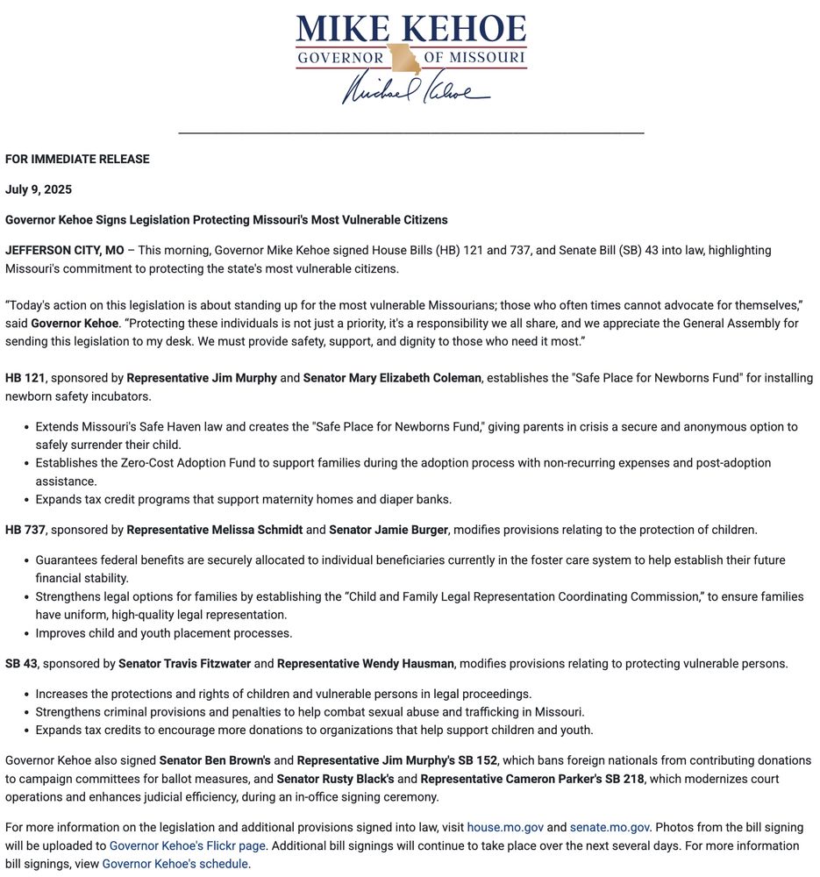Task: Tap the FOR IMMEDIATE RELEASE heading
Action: coord(77,159)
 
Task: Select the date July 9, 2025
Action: coord(39,189)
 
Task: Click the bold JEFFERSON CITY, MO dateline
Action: coord(65,250)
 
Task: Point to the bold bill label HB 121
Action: coord(25,378)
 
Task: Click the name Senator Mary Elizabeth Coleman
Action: coord(392,378)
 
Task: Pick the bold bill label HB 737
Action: coord(25,530)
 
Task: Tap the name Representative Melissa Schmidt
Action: coord(215,530)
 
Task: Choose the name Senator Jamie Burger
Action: coord(388,530)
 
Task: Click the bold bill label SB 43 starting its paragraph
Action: coord(21,664)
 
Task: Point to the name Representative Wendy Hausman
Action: coord(367,664)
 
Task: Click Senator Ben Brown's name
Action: coord(215,760)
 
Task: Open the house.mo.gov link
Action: coord(505,827)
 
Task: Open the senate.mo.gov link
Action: coord(610,827)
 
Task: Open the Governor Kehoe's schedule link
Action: coord(175,864)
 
